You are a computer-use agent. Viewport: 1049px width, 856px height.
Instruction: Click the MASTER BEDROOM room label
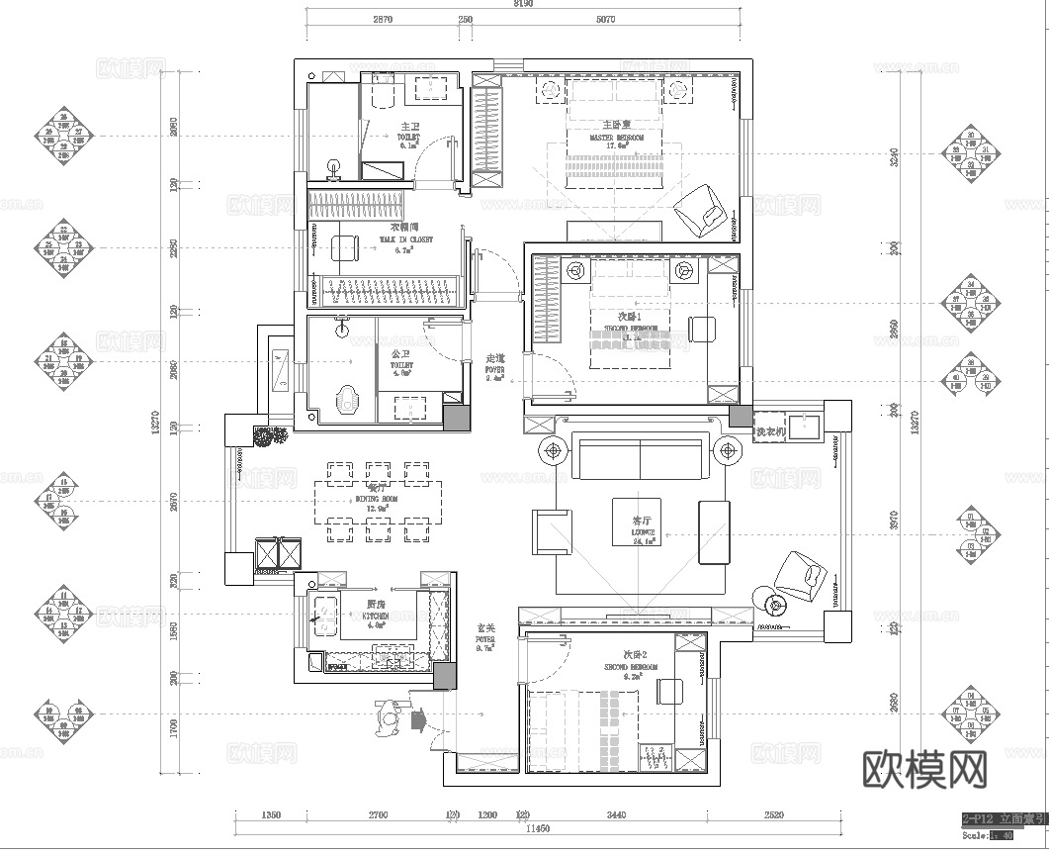click(x=617, y=138)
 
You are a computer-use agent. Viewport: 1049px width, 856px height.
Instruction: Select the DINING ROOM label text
click(x=376, y=500)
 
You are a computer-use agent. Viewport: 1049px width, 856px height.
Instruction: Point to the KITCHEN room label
click(x=376, y=614)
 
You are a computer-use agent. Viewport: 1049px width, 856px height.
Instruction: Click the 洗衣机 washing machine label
click(x=770, y=432)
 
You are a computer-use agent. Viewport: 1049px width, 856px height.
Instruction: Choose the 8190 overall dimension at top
click(x=523, y=5)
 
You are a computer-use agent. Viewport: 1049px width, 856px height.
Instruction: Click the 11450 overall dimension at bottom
click(x=538, y=828)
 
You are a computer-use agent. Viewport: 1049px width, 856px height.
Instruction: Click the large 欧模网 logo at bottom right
click(x=924, y=767)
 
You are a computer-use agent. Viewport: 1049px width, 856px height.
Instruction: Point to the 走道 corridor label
click(x=495, y=358)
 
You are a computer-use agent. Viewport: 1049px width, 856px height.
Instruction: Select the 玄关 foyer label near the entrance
click(x=485, y=627)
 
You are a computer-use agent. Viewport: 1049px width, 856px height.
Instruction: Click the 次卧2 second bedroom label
click(x=634, y=656)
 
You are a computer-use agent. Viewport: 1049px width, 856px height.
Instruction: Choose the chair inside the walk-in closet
click(x=343, y=247)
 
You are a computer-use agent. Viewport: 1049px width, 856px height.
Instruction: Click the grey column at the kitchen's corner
click(x=444, y=677)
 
